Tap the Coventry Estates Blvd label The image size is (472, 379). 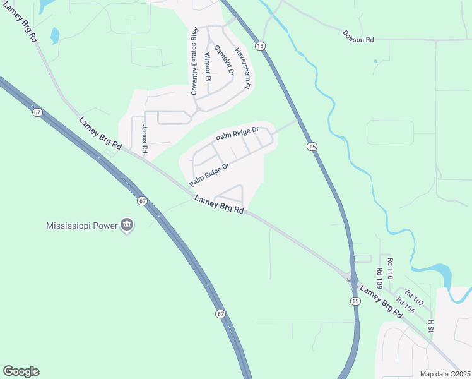point(195,61)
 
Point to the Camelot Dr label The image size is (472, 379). point(224,61)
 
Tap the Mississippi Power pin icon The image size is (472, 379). point(127,226)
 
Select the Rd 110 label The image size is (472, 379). point(390,269)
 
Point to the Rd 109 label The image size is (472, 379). point(380,279)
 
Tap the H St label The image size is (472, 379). point(431,325)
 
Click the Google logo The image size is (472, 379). point(21,371)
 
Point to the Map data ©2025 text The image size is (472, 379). point(445,374)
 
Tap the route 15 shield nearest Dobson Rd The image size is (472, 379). point(260,45)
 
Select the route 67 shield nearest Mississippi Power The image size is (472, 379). point(143,201)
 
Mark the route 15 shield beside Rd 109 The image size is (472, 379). point(355,301)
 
